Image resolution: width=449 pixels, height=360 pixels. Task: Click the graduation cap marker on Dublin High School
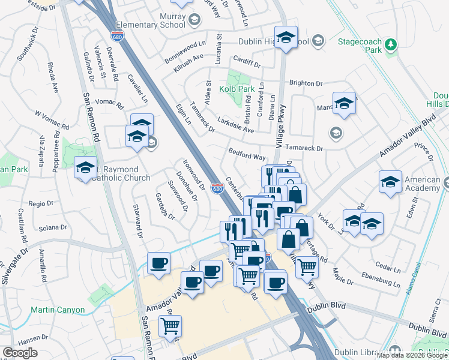click(x=286, y=37)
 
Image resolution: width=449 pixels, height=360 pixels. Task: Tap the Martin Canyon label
click(x=58, y=310)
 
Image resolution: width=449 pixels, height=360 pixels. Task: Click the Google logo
click(x=20, y=353)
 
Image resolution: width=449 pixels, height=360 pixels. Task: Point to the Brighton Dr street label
click(x=306, y=83)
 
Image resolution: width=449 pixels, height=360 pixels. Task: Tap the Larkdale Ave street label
click(x=236, y=125)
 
